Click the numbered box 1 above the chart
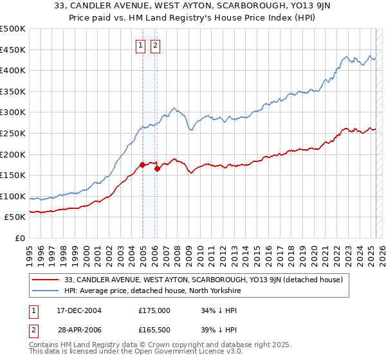click(140, 45)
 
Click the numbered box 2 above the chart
click(156, 45)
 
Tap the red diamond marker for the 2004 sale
click(142, 165)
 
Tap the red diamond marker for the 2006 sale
click(158, 168)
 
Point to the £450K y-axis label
click(13, 50)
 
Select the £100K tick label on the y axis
click(13, 196)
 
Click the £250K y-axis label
click(13, 133)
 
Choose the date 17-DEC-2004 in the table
click(78, 310)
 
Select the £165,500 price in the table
click(154, 331)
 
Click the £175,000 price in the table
click(154, 310)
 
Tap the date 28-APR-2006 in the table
click(78, 331)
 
